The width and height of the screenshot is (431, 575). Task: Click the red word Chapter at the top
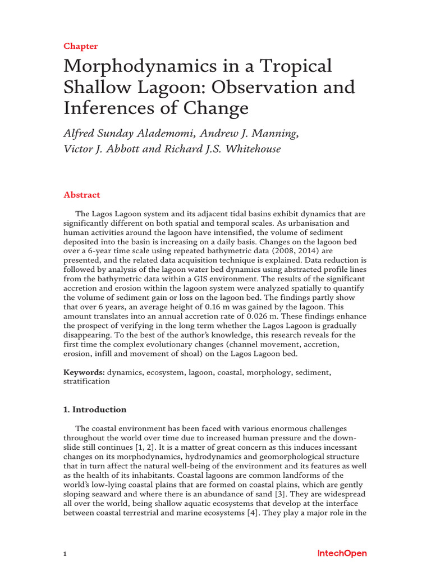click(80, 46)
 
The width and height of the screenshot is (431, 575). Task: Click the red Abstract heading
click(82, 195)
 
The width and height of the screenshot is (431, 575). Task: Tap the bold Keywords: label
click(84, 372)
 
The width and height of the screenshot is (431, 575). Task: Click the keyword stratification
click(86, 381)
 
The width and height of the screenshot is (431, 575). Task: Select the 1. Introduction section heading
click(95, 409)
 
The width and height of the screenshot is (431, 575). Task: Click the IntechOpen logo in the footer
click(342, 554)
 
